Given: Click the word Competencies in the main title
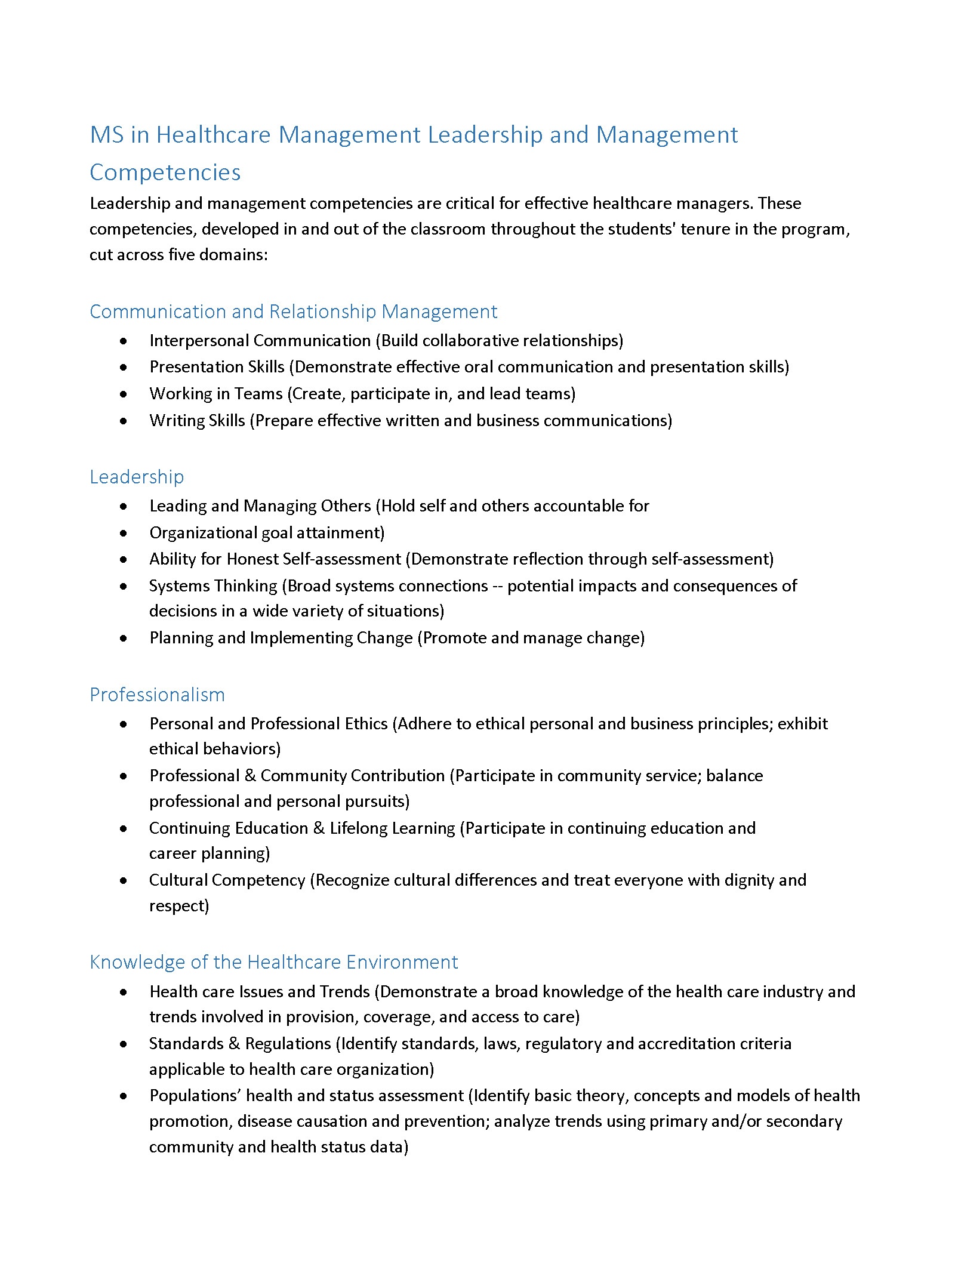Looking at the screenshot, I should pos(165,173).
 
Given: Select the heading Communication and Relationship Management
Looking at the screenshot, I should pos(293,312).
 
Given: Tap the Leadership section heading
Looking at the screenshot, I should pos(137,477).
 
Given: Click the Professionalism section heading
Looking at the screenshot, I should pos(157,695).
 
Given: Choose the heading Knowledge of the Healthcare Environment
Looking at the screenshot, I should pos(273,962).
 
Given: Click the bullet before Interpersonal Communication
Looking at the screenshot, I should pos(123,341).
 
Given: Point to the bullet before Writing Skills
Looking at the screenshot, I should pos(123,421).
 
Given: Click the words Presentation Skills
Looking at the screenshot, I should pos(217,367).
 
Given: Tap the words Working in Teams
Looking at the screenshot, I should pos(215,394).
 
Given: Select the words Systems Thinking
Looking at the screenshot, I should pos(213,586).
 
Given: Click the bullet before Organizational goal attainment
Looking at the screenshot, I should pos(123,533).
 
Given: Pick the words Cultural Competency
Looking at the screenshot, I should pos(227,880).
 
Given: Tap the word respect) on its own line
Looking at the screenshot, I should pos(179,906).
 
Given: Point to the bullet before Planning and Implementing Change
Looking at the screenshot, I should pos(123,638).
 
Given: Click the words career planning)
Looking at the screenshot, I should pos(210,853).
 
